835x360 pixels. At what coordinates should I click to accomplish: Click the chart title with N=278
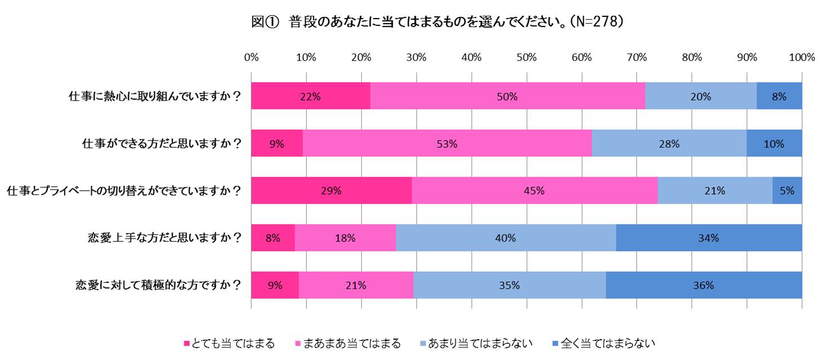(x=437, y=22)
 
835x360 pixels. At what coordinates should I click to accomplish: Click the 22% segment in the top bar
(x=311, y=96)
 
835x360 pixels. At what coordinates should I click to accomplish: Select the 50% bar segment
(x=508, y=96)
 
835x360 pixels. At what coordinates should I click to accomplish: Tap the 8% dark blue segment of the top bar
(x=779, y=96)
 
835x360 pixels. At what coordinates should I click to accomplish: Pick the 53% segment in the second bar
(x=447, y=143)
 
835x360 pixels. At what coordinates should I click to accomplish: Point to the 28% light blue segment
(x=670, y=143)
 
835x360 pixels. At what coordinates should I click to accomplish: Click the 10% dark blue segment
(x=774, y=143)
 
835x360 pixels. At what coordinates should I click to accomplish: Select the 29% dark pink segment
(x=331, y=191)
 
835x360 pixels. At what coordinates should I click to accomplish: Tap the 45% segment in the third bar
(x=535, y=191)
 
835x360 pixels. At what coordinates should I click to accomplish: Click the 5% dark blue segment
(x=787, y=191)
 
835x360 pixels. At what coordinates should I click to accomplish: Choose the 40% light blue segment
(x=506, y=238)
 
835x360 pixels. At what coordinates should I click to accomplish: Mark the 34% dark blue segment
(x=709, y=238)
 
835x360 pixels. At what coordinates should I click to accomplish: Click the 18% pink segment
(x=345, y=238)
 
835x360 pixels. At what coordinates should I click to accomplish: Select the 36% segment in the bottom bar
(x=704, y=285)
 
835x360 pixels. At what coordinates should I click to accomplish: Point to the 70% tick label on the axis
(x=636, y=57)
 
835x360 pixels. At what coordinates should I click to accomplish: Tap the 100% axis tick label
(x=802, y=57)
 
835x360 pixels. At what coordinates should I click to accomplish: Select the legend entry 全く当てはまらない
(x=604, y=343)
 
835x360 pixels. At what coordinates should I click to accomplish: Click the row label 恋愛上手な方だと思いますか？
(x=159, y=238)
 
